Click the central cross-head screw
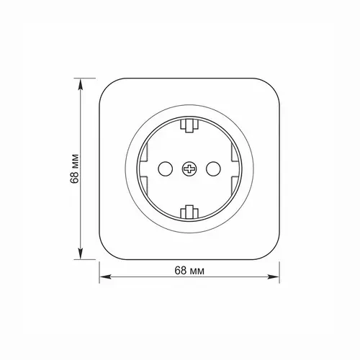[x=189, y=168]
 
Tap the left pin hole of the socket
[x=165, y=168]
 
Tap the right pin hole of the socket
[x=213, y=168]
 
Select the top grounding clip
[x=189, y=125]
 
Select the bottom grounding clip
[x=189, y=212]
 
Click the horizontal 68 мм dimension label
[x=189, y=271]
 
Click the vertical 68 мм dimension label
[x=75, y=168]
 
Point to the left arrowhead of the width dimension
[x=105, y=276]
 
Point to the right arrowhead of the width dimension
[x=274, y=276]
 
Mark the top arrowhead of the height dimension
[x=81, y=84]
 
